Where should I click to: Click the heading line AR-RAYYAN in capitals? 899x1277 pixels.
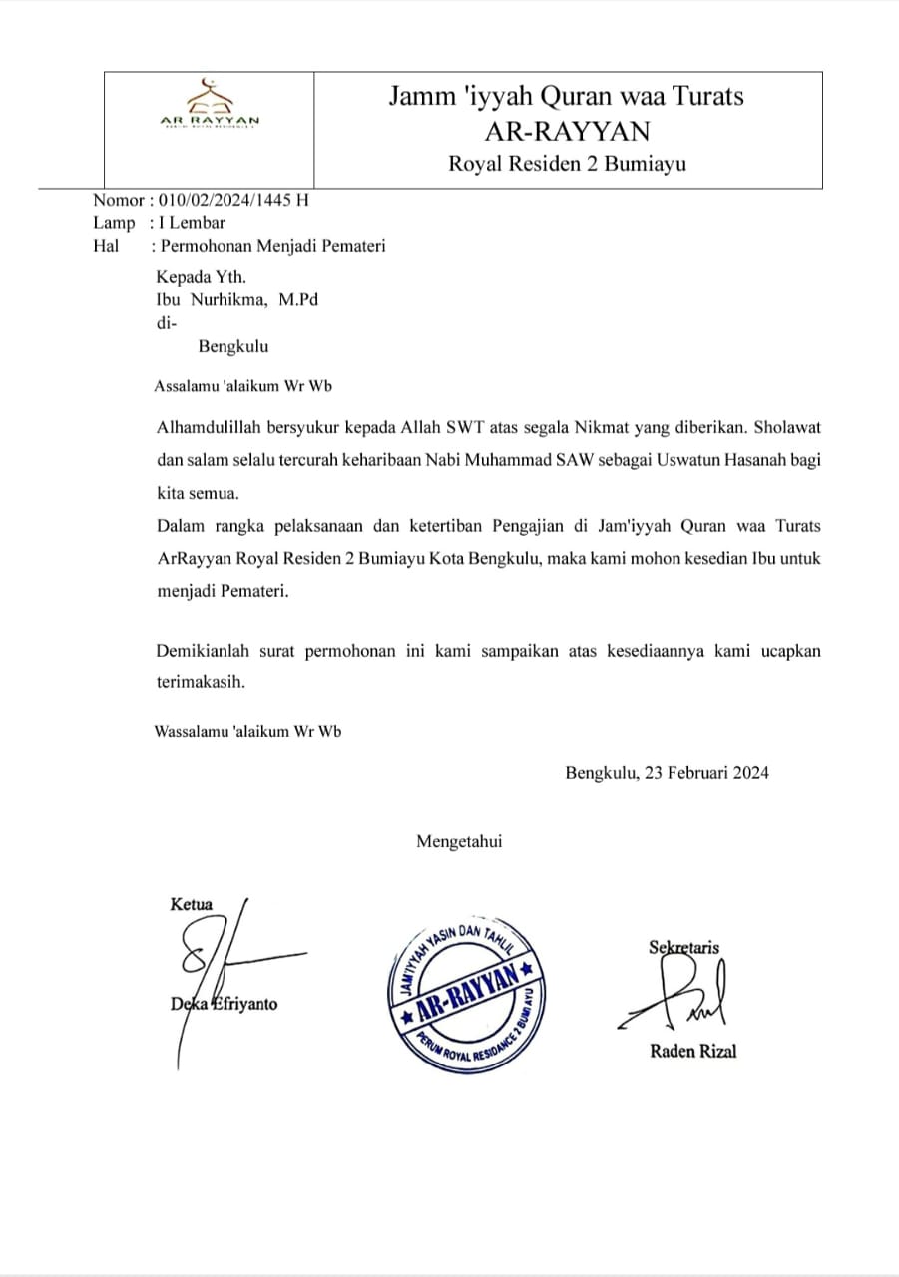coord(566,131)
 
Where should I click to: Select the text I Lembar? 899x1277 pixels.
coord(192,222)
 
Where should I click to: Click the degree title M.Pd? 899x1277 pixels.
coord(299,299)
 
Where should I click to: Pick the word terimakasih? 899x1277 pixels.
coord(201,684)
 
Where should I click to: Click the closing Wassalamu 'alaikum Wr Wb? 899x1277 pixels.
coord(247,731)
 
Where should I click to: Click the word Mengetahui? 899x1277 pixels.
coord(459,841)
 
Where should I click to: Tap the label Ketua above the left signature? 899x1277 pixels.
coord(192,905)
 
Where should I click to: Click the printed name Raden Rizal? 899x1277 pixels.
coord(693,1050)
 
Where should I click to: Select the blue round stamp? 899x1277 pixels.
coord(468,999)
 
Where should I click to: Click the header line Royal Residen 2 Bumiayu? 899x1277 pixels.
coord(567,164)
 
